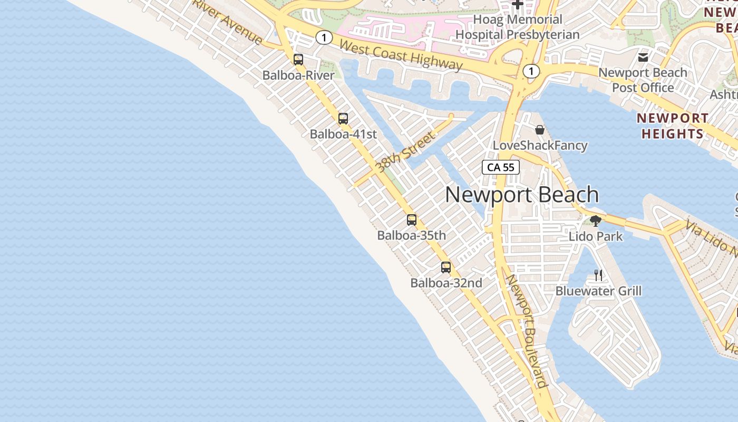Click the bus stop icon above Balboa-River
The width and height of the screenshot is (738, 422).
(298, 60)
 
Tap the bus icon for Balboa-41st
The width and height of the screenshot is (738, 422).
(343, 119)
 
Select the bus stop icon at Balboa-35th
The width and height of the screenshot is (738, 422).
(412, 220)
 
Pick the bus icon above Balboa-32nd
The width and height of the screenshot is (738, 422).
(446, 267)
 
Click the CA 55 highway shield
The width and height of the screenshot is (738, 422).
(501, 167)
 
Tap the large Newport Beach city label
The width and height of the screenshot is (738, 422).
(522, 195)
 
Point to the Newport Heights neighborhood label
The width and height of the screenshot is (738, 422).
(672, 126)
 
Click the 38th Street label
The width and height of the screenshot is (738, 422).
(405, 152)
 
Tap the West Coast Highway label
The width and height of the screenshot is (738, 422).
(401, 55)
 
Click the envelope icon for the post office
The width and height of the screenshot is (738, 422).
(643, 57)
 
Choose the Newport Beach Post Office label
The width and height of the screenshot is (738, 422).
(643, 80)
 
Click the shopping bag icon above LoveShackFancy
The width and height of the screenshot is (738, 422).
(540, 130)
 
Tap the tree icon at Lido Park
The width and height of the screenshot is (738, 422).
(596, 221)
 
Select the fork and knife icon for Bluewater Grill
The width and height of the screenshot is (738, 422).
(598, 275)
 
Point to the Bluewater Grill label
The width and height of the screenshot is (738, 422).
(598, 291)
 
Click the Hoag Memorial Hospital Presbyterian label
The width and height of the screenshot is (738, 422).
(517, 27)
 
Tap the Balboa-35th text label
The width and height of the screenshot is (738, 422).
(411, 235)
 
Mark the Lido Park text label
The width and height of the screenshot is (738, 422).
(596, 236)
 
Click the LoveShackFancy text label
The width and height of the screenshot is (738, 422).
(540, 145)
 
